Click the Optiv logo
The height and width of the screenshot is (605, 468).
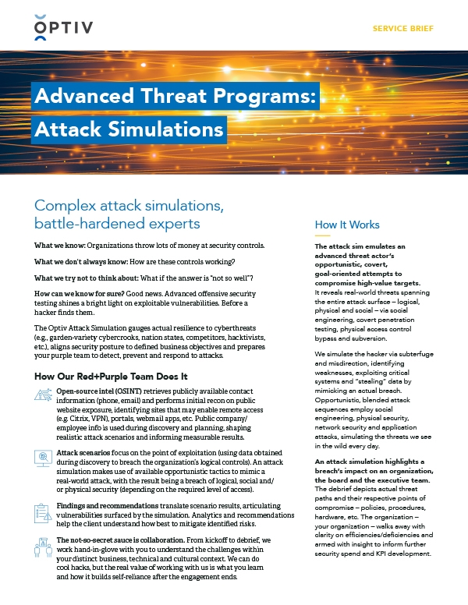tap(64, 29)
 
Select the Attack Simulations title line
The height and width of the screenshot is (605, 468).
tap(129, 126)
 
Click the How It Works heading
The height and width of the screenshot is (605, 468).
tap(347, 225)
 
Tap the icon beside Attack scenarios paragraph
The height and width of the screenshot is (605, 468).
tap(43, 458)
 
